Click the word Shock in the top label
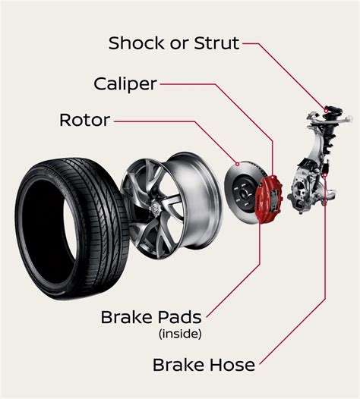pos(137,42)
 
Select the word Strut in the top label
pos(215,42)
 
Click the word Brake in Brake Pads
pos(125,317)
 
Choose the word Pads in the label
pos(179,317)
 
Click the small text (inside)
pos(179,333)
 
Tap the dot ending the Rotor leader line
pos(238,163)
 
